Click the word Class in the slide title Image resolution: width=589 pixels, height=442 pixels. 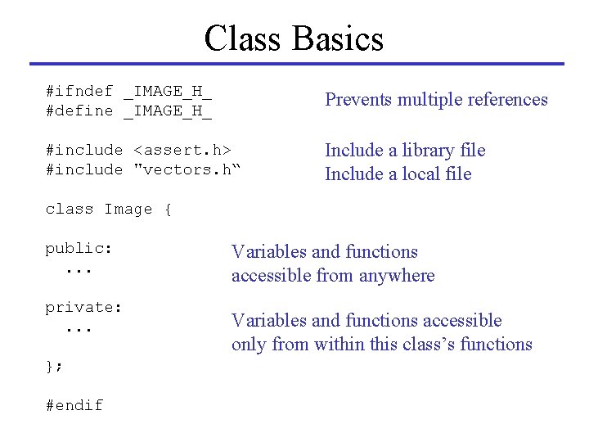[x=245, y=38]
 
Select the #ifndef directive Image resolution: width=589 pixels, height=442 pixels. [x=79, y=91]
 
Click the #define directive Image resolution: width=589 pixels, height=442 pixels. [x=79, y=110]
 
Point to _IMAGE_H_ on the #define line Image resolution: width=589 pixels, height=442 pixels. [x=168, y=110]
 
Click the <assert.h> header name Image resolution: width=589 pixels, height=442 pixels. [x=182, y=150]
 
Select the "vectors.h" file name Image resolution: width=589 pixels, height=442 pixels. [x=187, y=169]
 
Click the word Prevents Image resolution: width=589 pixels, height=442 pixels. [x=358, y=100]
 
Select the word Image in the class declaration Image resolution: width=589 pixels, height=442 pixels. [x=128, y=209]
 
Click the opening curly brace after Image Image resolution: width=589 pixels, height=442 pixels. [x=168, y=209]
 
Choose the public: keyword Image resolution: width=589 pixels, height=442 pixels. [x=79, y=249]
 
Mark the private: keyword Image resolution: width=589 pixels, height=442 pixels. [x=83, y=308]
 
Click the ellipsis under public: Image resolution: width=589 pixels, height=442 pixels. [x=79, y=268]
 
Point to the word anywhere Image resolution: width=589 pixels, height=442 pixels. [x=395, y=276]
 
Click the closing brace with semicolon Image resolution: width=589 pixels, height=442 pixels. [x=54, y=367]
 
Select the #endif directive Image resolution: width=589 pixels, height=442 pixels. [x=74, y=405]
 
